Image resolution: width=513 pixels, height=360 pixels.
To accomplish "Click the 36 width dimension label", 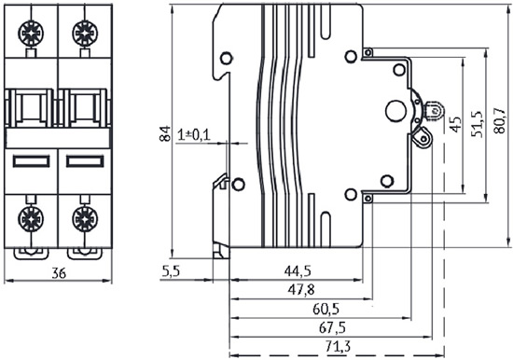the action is [59, 273].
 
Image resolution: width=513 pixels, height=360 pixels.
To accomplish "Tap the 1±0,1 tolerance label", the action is [194, 135].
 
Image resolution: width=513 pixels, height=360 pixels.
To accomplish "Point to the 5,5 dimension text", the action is [171, 271].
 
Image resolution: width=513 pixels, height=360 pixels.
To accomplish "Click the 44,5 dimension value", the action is [298, 271].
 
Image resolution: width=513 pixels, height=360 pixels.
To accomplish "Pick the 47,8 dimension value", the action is [301, 290].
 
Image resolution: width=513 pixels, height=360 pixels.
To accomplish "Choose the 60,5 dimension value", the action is [326, 309].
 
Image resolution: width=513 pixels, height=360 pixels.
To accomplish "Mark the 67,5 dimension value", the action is [332, 327].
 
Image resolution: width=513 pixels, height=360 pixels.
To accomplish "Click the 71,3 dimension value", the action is [339, 346].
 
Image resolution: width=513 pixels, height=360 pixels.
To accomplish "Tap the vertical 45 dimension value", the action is [456, 125].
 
